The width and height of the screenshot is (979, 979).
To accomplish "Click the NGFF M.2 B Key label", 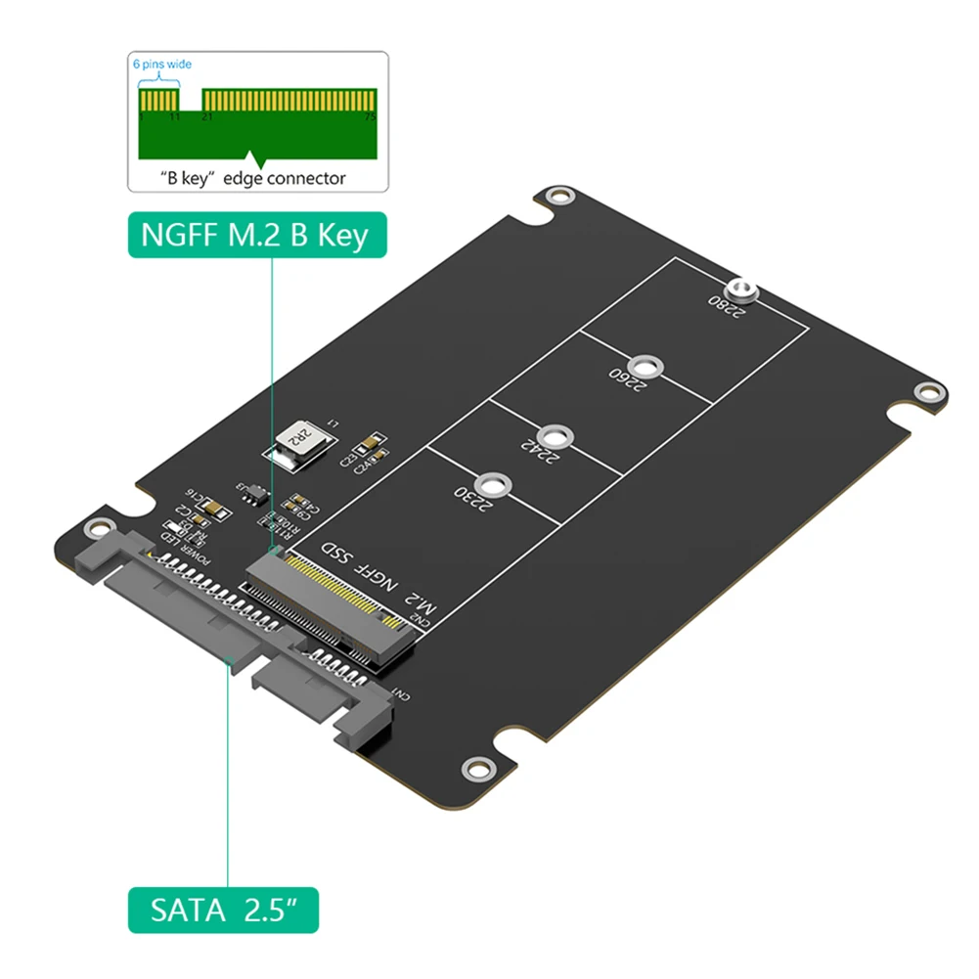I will point(255,235).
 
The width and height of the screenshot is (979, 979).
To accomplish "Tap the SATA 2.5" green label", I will point(223,911).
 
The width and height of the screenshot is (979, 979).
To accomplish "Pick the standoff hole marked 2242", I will point(556,435).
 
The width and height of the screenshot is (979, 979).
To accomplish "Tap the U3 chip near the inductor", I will point(252,491).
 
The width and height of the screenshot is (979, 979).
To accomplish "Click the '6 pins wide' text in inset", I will point(161,64).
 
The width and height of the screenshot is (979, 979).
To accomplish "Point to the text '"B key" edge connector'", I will point(253,178).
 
